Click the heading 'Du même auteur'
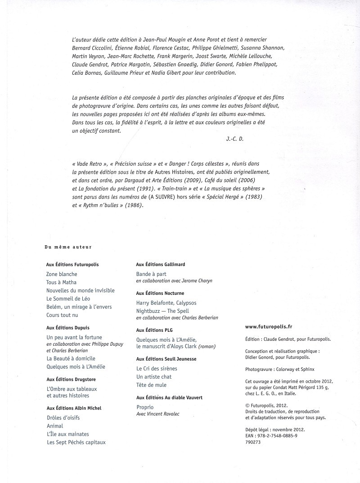coord(68,246)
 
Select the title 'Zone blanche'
coord(62,274)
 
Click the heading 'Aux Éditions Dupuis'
coord(68,328)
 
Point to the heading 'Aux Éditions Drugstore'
coord(71,379)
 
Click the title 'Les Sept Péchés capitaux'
coord(76,442)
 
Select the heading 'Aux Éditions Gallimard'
coord(160,265)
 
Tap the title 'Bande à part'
coord(151,274)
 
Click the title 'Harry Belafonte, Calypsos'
coord(166,303)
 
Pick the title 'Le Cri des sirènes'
coord(157,368)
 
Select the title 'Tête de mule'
coord(151,385)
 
